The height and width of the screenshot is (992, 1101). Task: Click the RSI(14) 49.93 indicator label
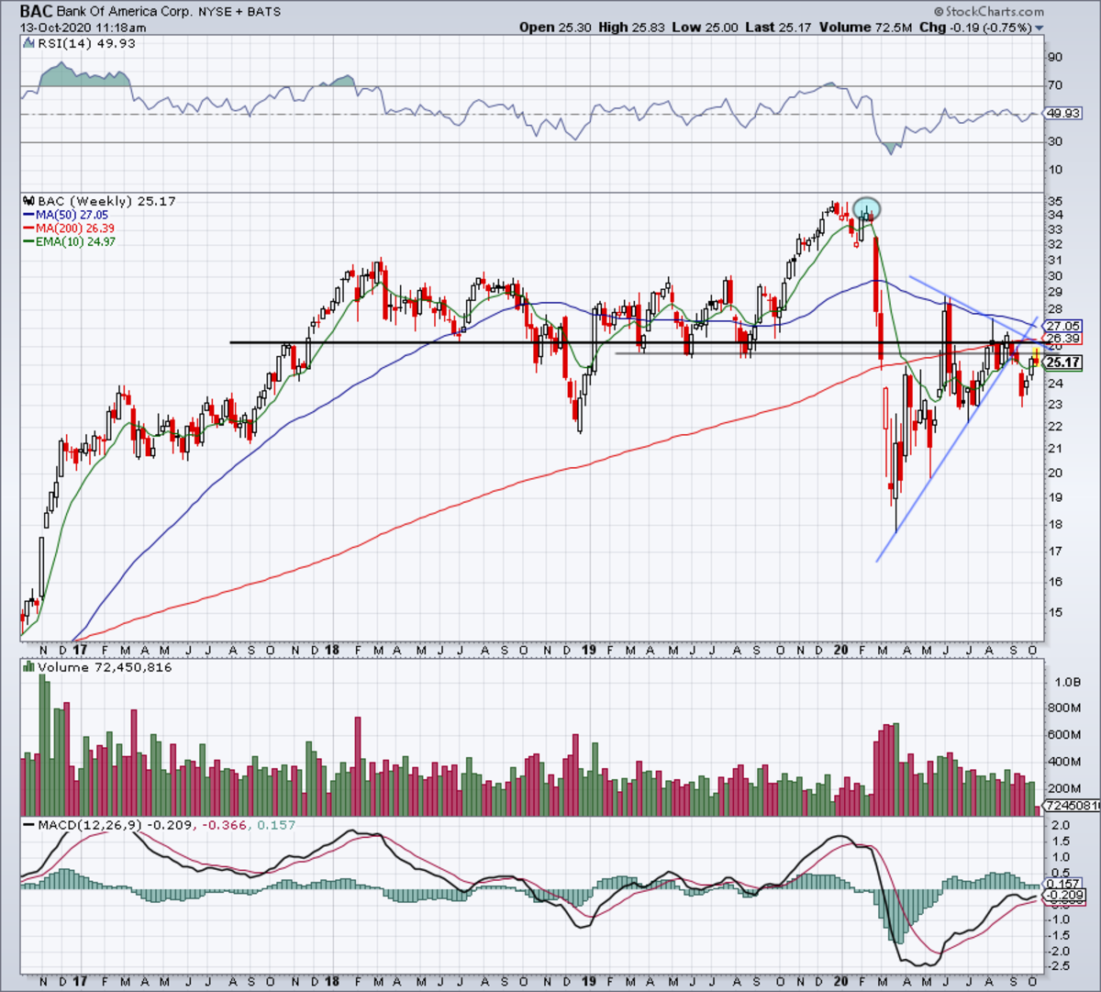[80, 43]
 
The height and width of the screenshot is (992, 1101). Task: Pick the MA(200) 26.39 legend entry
[75, 228]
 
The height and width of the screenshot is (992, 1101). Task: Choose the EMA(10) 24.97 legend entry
[75, 241]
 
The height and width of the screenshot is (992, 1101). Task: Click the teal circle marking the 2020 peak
[867, 208]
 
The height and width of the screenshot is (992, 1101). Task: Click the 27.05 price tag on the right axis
[1063, 326]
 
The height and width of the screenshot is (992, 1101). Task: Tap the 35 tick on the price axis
[1056, 201]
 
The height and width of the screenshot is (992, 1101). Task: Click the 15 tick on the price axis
[1056, 612]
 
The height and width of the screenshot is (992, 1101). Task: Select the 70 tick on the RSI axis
[1056, 85]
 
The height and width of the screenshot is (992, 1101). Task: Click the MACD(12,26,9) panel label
[89, 825]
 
